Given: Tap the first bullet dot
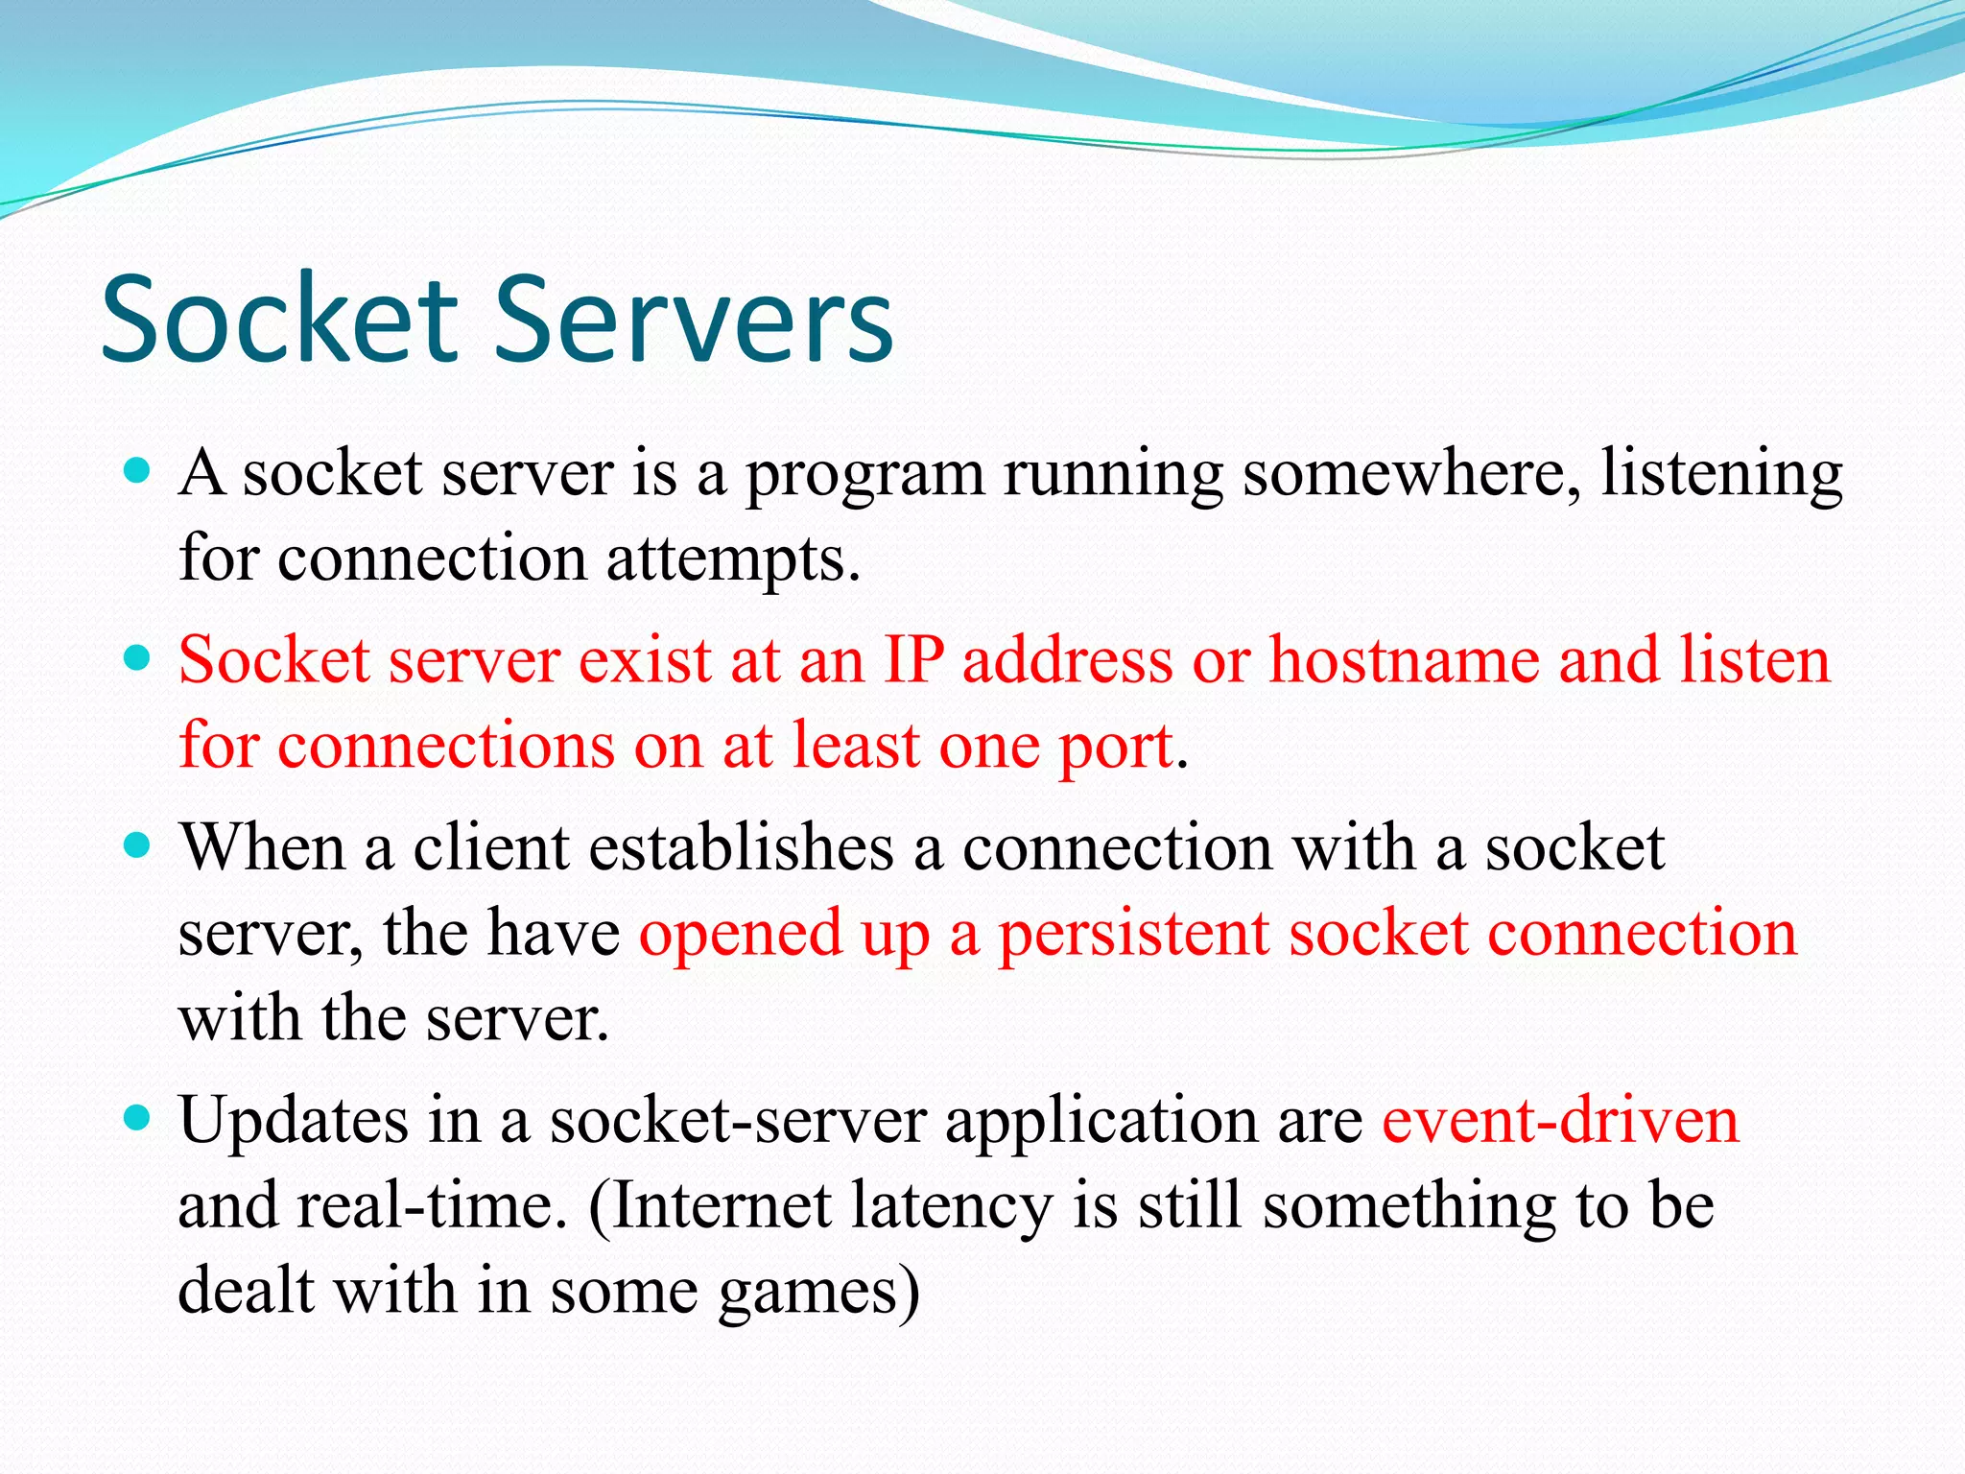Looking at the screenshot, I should pos(138,470).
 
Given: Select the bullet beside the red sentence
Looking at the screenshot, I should pos(138,658).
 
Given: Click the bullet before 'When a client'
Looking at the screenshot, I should pos(138,845).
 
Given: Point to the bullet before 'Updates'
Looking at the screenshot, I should pos(138,1118).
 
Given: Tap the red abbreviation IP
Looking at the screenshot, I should pos(913,660).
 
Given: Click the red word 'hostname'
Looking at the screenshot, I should pos(1404,660).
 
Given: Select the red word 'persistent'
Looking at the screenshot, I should pos(1134,934).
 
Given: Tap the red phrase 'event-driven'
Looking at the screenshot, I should pos(1560,1121).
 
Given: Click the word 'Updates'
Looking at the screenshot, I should pos(294,1121).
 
